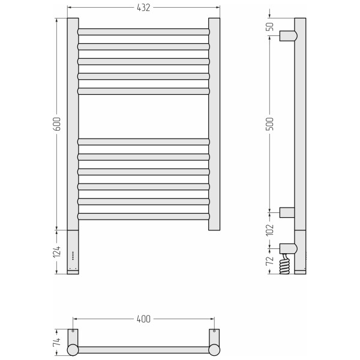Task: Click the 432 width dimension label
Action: point(143,8)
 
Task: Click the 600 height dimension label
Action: point(57,124)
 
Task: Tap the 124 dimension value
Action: point(57,251)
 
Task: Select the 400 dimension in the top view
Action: point(143,319)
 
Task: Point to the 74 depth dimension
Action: point(57,341)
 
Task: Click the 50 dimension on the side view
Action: point(270,26)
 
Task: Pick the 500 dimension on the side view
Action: point(270,124)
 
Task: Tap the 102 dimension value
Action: point(270,229)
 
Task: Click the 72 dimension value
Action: point(270,260)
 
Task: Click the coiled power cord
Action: point(284,263)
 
